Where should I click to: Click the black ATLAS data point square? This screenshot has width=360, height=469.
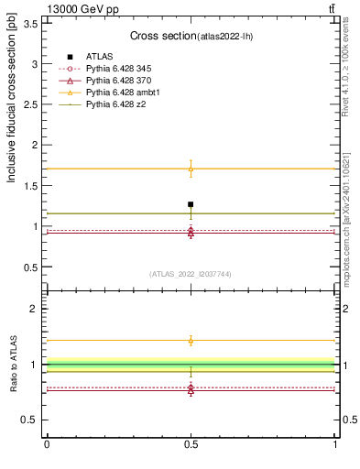[x=191, y=204]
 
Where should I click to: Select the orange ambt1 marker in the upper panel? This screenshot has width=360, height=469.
[x=191, y=169]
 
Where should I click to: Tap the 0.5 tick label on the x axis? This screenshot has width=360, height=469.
[x=191, y=445]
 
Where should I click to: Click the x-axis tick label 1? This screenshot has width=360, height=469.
[x=336, y=445]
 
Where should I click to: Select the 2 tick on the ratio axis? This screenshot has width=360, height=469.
[x=34, y=309]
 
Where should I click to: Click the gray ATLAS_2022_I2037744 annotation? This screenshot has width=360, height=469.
[x=190, y=274]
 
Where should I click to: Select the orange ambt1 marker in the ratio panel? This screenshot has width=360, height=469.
[x=191, y=341]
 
